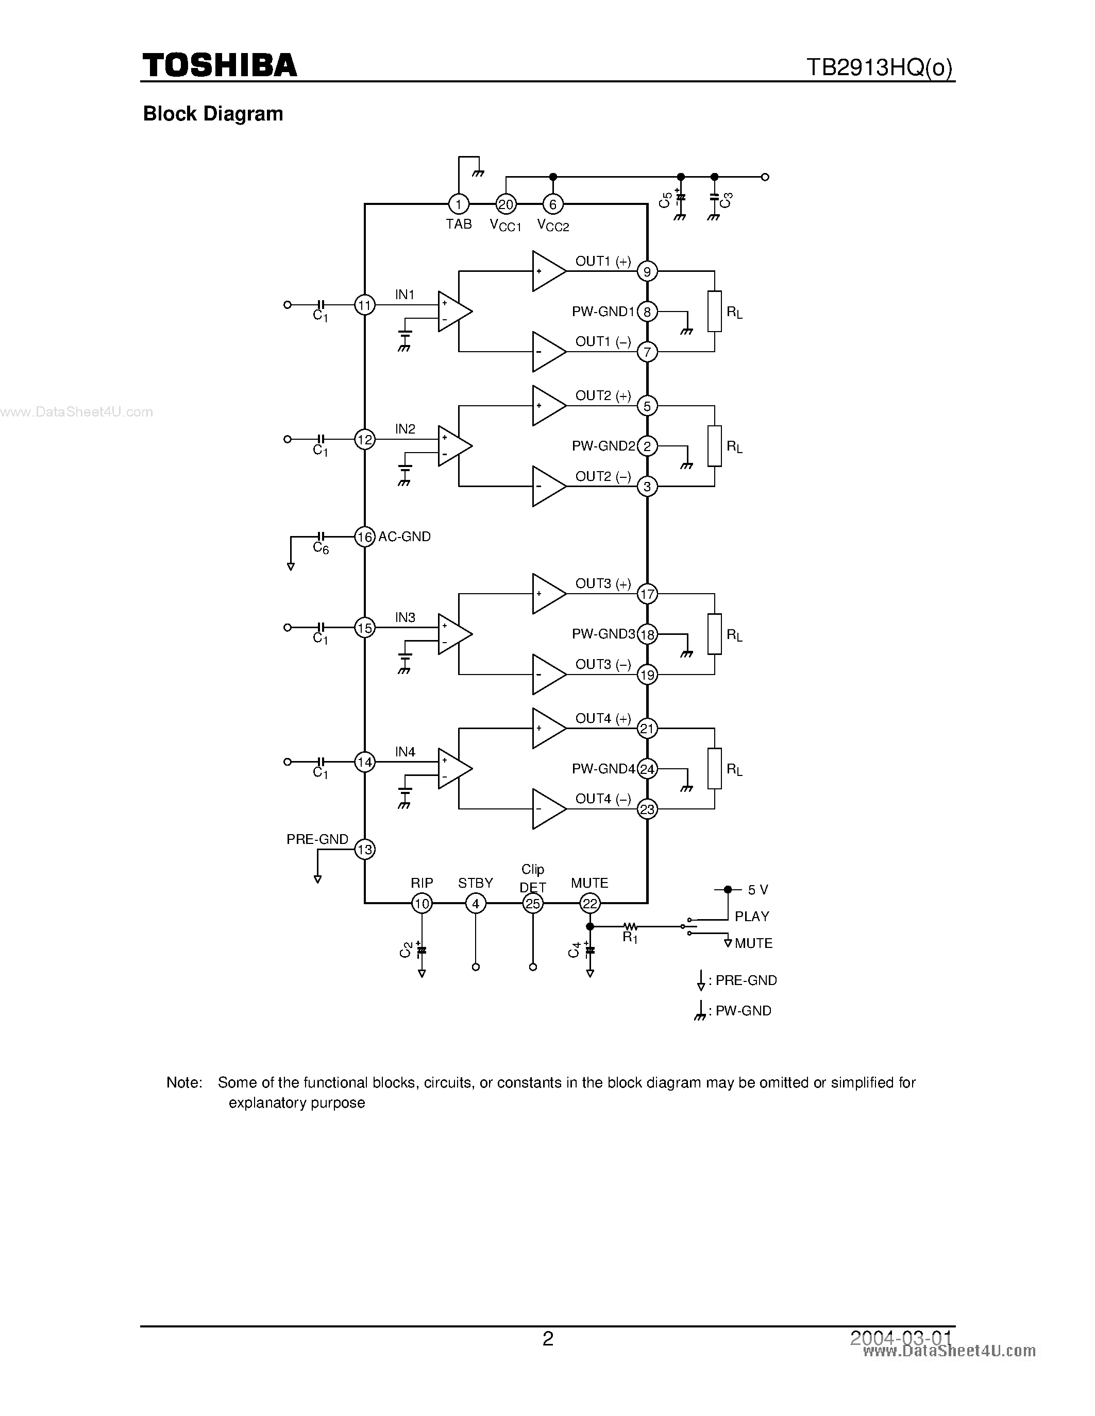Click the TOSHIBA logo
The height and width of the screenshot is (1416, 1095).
pyautogui.click(x=220, y=65)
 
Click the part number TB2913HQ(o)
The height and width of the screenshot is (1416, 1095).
pyautogui.click(x=879, y=67)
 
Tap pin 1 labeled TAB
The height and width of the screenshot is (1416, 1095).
pyautogui.click(x=458, y=205)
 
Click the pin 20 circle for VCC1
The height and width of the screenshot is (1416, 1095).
pyautogui.click(x=506, y=205)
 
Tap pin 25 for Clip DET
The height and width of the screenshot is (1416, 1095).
pyautogui.click(x=533, y=903)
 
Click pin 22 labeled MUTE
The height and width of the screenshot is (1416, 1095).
pyautogui.click(x=589, y=903)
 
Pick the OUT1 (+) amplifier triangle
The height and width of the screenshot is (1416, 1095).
pyautogui.click(x=547, y=271)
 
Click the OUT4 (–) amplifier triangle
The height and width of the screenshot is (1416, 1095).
pyautogui.click(x=547, y=809)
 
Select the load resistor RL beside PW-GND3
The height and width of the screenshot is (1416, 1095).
pyautogui.click(x=714, y=634)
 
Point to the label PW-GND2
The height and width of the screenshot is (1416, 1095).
pyautogui.click(x=603, y=446)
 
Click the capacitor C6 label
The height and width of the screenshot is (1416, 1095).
pyautogui.click(x=321, y=548)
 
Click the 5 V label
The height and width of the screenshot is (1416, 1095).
pyautogui.click(x=757, y=890)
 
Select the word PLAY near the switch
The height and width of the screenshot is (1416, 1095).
pyautogui.click(x=752, y=917)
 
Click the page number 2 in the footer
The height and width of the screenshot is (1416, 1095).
pyautogui.click(x=547, y=1339)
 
